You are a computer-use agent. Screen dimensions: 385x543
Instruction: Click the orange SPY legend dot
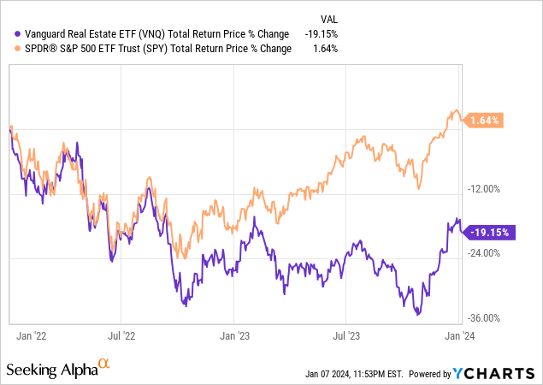coord(9,48)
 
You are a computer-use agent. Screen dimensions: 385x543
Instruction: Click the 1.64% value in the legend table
coord(326,48)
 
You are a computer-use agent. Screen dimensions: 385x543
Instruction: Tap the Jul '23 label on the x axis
coord(347,337)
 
